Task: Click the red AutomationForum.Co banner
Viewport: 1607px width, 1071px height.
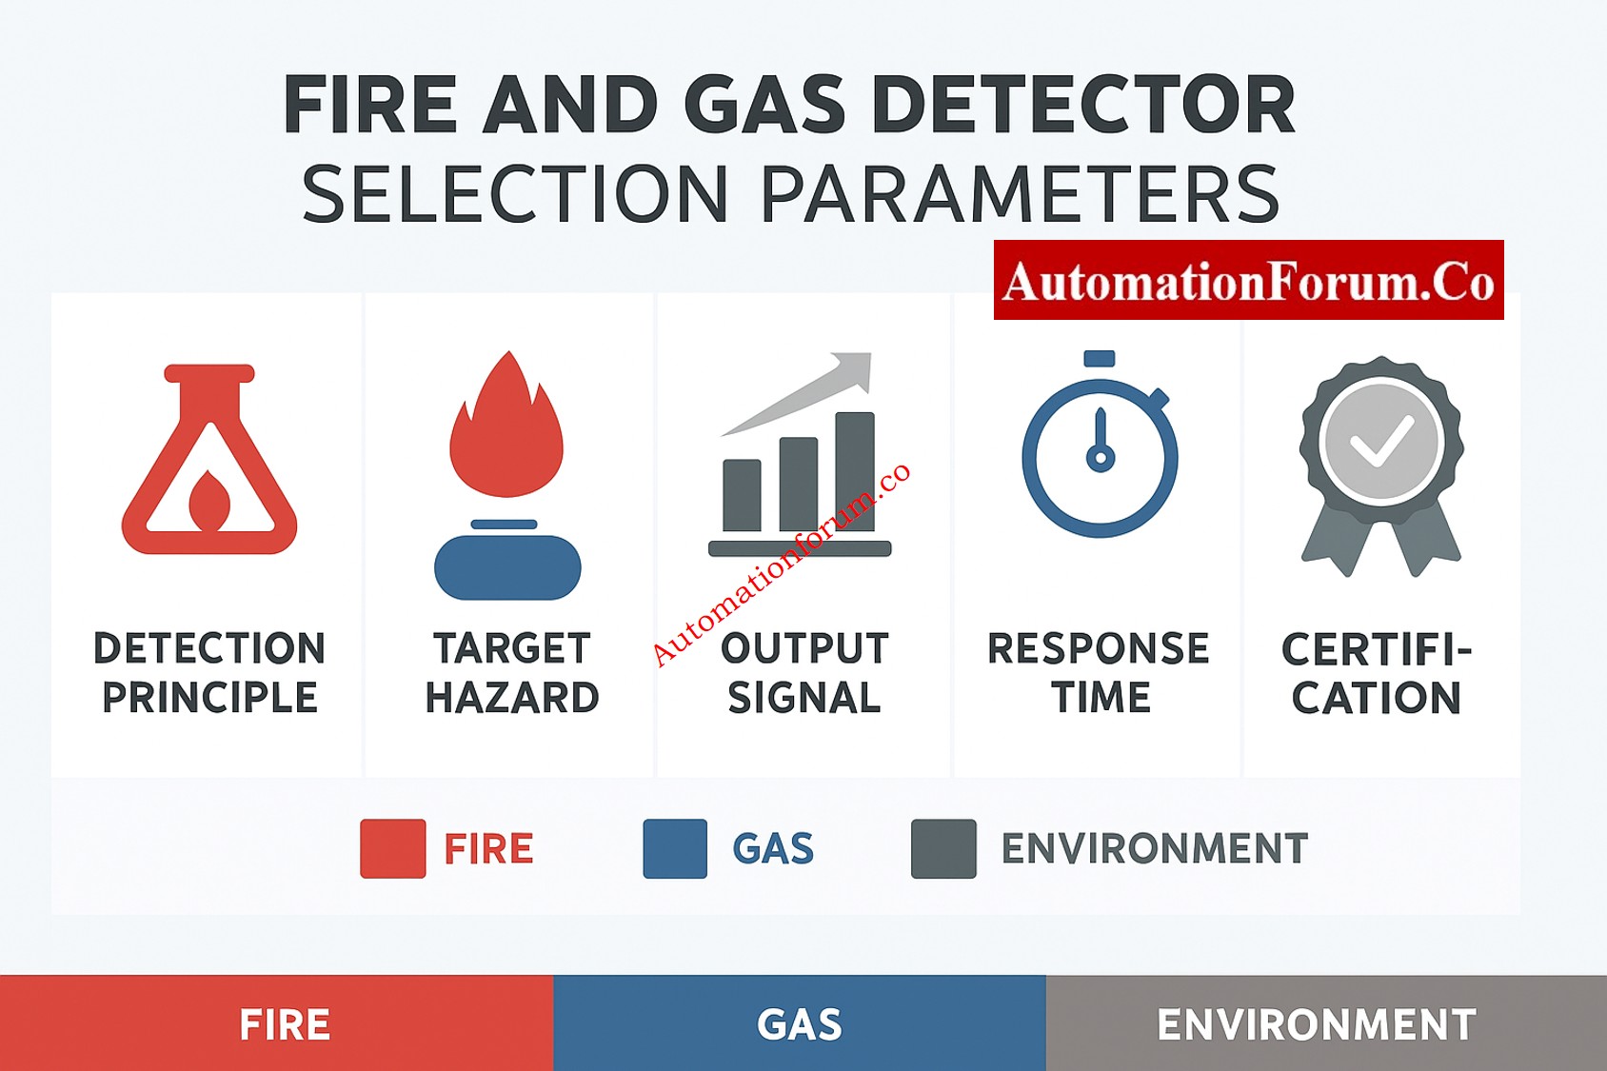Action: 1248,280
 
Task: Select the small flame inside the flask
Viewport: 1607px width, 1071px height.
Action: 209,501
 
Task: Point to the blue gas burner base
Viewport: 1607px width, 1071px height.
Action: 507,567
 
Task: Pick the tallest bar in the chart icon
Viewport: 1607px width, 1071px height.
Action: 854,470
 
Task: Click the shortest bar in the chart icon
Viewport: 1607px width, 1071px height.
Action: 742,494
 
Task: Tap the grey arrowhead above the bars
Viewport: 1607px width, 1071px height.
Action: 853,369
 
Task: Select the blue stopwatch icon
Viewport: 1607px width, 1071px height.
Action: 1100,451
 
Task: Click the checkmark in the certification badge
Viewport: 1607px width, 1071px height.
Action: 1381,440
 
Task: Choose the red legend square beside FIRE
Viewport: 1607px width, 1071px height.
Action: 392,848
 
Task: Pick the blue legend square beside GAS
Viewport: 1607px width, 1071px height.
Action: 675,848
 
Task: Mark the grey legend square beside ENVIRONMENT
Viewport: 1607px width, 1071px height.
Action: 943,848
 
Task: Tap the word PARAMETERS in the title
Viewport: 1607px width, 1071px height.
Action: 1020,194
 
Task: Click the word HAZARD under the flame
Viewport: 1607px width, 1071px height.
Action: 512,698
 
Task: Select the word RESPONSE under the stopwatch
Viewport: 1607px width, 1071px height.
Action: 1099,648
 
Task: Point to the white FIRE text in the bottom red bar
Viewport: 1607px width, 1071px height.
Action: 285,1025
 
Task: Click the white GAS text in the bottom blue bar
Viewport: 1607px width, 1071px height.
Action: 800,1025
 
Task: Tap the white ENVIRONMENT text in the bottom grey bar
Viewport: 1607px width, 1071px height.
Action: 1317,1025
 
